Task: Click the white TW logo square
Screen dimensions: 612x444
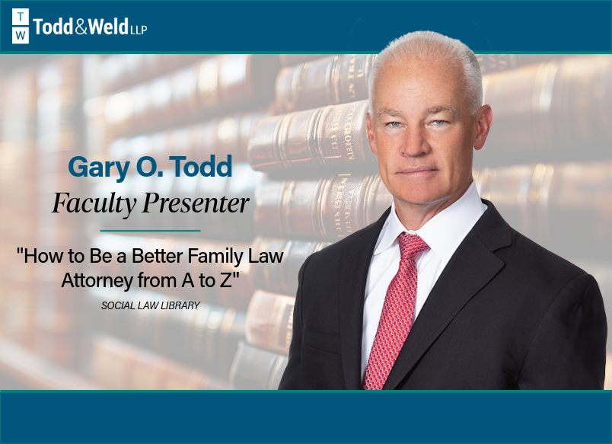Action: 21,26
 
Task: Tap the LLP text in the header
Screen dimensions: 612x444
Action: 139,30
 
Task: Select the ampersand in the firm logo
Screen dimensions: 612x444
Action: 81,27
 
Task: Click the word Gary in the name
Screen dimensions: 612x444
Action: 99,168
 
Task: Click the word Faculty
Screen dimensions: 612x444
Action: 94,203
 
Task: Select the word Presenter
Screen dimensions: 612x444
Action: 196,203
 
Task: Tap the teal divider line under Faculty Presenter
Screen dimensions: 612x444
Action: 150,231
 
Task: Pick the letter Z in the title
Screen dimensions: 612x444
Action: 225,280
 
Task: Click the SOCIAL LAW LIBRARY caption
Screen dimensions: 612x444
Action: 151,305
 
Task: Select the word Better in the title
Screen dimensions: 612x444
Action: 158,257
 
